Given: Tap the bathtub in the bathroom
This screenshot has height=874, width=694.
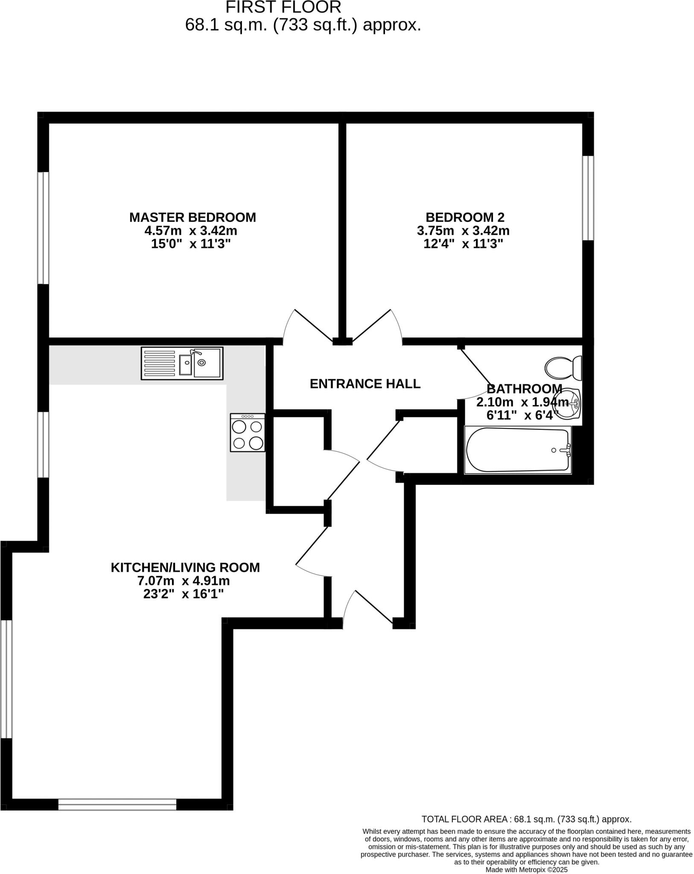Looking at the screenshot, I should point(518,450).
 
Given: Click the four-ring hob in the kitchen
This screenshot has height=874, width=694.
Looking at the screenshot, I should point(248,433).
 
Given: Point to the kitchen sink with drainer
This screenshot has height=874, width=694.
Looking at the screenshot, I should point(182,363).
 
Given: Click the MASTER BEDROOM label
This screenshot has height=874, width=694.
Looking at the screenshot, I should point(192,217).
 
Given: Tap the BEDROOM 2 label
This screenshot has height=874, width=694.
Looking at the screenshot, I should point(465,217).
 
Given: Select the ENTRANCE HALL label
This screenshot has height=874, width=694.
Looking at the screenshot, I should point(365,384).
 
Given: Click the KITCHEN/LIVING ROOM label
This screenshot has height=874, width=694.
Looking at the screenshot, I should point(185,568).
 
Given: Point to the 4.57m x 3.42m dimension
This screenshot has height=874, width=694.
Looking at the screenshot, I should point(191,231).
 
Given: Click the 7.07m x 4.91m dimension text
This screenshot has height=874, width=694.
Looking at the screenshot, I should point(184,581).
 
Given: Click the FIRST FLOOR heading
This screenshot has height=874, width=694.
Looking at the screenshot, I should point(283,7).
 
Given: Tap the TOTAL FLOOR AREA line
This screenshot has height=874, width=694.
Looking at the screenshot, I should point(526,819).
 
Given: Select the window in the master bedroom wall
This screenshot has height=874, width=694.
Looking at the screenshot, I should point(43,228).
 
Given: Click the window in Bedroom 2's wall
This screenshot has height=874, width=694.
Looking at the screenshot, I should point(588,198).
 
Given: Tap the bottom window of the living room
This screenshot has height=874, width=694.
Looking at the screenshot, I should point(117,804).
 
